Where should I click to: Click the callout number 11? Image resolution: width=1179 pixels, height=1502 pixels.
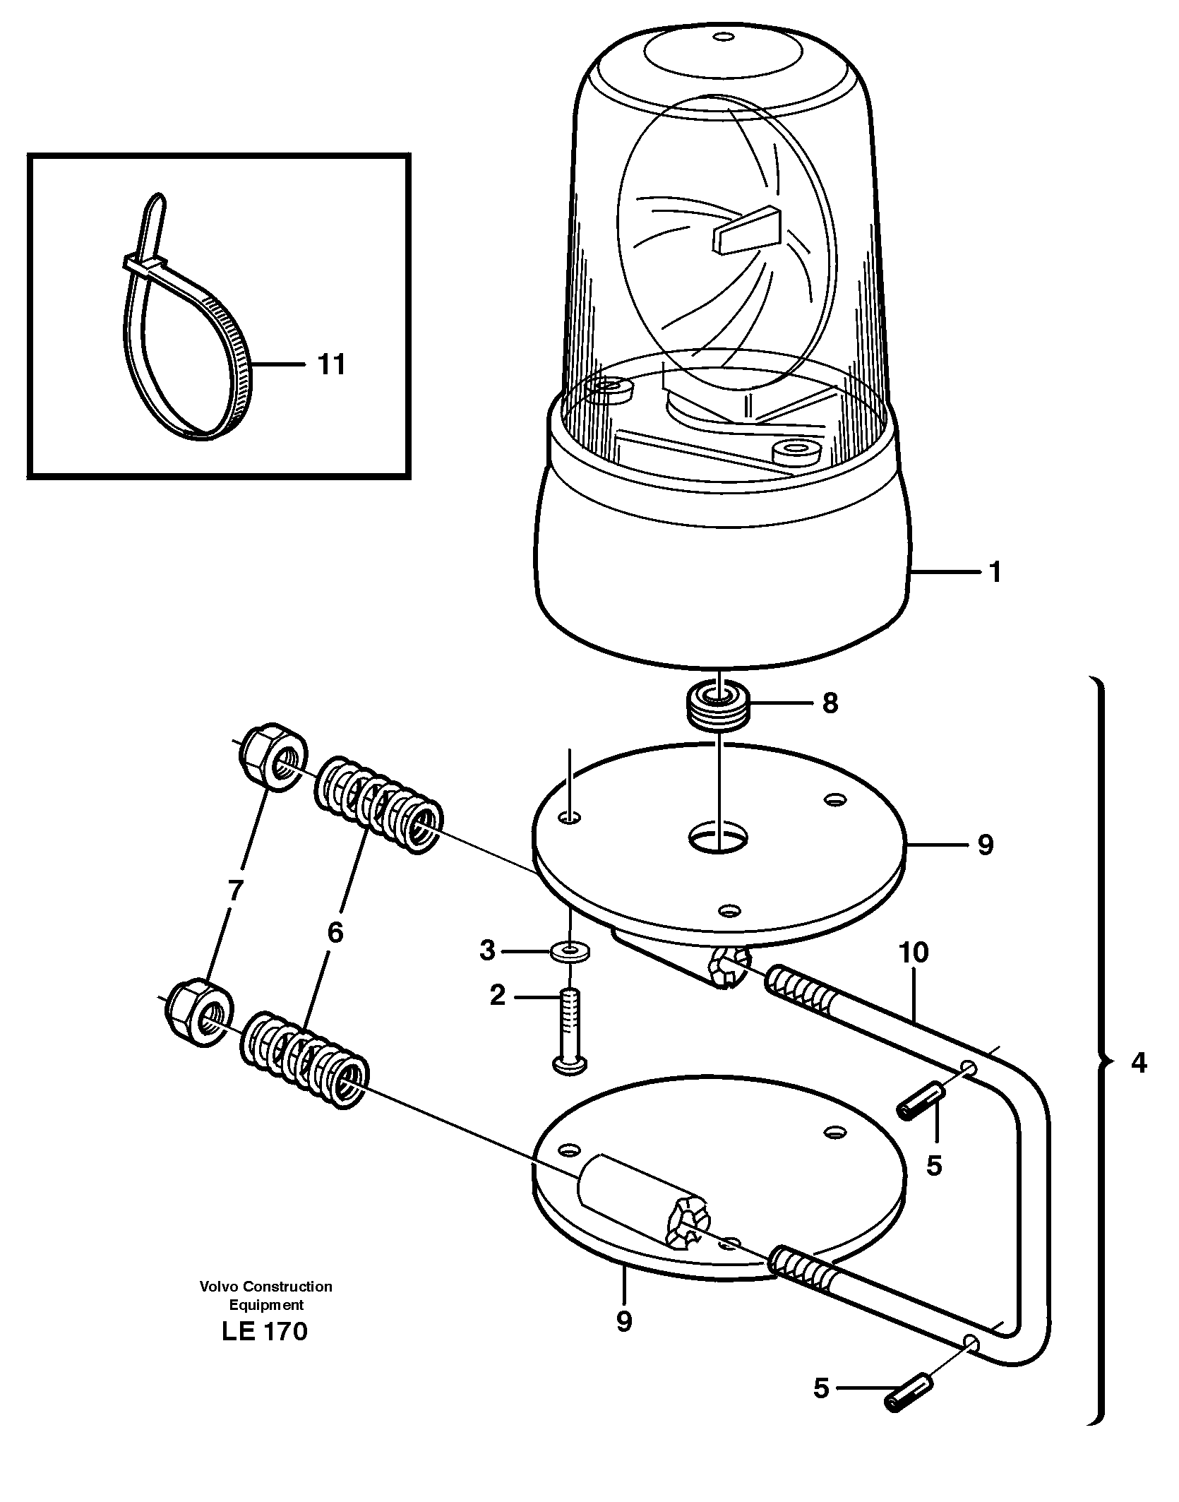point(331,365)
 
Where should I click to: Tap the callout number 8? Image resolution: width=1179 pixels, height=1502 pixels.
point(830,703)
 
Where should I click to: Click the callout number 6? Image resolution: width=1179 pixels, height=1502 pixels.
point(335,932)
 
